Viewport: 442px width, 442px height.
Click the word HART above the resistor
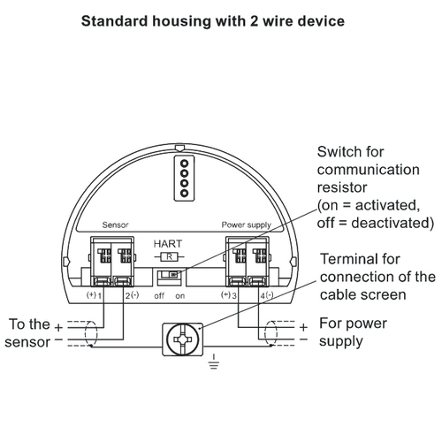point(168,244)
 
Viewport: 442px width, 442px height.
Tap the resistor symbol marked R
point(169,257)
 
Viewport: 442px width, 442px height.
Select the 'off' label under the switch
point(159,295)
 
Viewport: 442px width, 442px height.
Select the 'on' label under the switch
point(180,296)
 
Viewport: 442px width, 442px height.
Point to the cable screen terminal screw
point(183,339)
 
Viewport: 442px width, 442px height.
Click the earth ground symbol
point(214,362)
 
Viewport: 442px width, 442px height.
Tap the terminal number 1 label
point(100,296)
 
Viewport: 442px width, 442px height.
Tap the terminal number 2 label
point(127,296)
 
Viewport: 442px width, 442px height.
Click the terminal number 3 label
point(234,296)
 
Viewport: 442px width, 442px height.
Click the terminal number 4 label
point(263,296)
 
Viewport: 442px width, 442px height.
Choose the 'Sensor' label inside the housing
point(115,225)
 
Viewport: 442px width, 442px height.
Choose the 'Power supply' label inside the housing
point(246,225)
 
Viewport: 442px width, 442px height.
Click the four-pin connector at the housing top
point(184,179)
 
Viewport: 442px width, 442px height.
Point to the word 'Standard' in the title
point(115,21)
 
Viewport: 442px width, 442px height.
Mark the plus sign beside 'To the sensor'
point(58,327)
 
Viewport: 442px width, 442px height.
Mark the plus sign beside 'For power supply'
point(303,327)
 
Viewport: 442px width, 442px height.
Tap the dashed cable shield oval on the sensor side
point(85,333)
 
